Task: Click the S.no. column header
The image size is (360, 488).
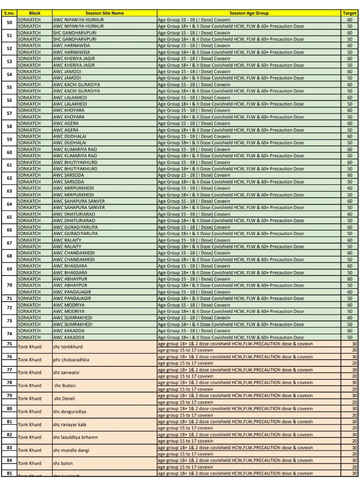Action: [9, 13]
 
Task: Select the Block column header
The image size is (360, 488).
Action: [34, 13]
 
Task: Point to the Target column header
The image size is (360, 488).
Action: [350, 13]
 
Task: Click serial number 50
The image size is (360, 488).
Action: [9, 22]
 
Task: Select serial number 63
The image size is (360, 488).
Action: [9, 191]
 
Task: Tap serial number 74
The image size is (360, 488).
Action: [9, 334]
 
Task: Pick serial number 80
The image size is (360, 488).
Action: [9, 408]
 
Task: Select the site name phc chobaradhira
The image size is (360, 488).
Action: [71, 360]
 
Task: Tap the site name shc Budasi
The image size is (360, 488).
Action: [65, 386]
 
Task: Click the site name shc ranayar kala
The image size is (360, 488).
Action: [69, 425]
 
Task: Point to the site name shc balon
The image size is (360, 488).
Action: [62, 463]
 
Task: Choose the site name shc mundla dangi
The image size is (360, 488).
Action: [70, 451]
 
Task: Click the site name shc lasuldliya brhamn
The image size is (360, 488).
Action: [75, 437]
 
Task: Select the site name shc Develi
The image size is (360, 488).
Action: [64, 399]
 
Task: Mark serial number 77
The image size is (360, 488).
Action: [9, 369]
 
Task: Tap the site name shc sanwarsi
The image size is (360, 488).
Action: [66, 373]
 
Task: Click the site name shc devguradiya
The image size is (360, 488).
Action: [69, 411]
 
